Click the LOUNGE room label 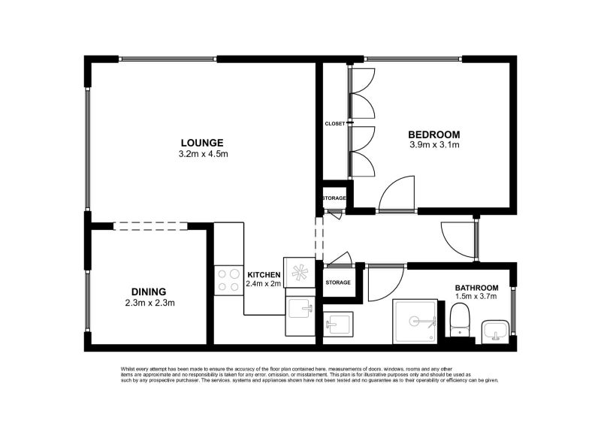202,143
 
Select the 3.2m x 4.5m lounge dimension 203,154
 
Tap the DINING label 148,292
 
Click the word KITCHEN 264,275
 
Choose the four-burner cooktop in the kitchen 228,280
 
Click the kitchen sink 300,307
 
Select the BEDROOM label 434,134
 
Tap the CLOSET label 334,123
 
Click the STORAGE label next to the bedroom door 334,198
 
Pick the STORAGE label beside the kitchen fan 338,282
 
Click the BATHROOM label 476,288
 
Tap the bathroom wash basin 495,329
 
